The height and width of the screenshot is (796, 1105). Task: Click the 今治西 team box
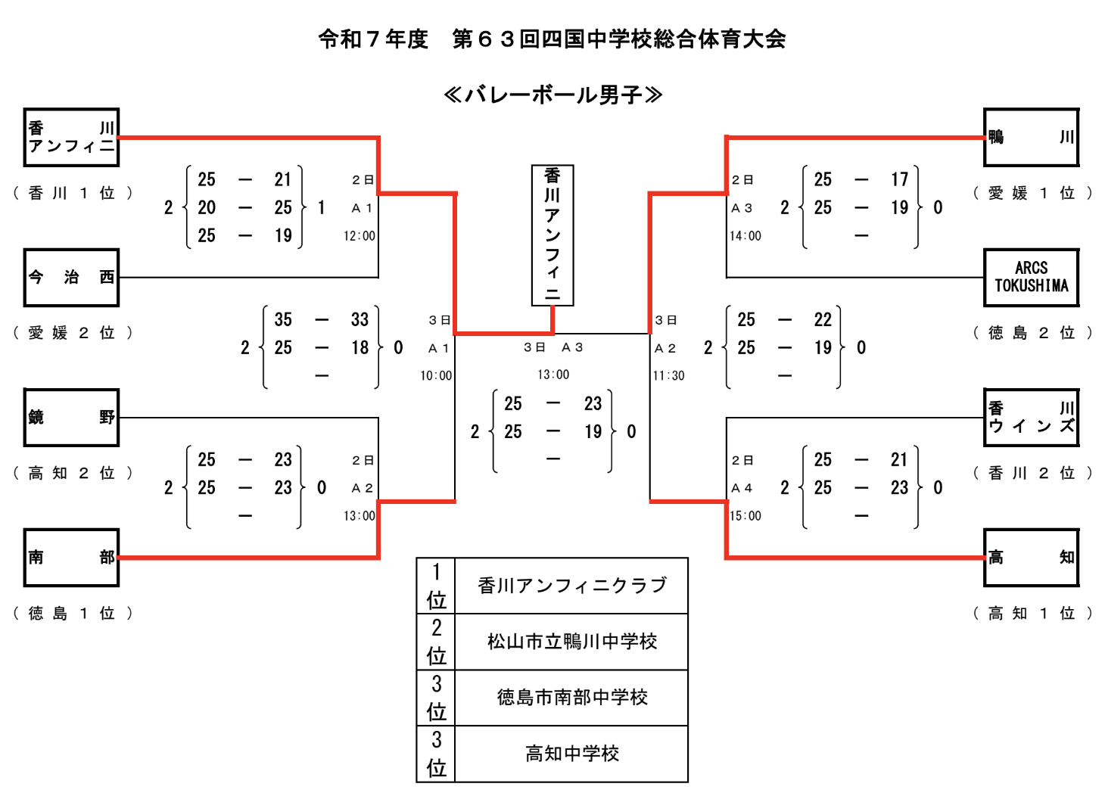click(x=71, y=278)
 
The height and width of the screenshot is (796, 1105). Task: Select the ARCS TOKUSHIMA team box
click(x=1031, y=278)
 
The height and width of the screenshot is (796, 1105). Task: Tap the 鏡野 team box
click(x=71, y=418)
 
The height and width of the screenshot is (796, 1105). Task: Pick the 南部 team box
click(x=71, y=558)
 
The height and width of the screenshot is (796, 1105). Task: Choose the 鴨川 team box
click(x=1031, y=138)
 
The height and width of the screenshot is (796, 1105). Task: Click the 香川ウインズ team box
click(x=1031, y=418)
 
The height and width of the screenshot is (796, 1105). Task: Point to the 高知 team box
click(x=1031, y=558)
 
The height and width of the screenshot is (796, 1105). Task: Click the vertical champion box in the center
click(x=552, y=235)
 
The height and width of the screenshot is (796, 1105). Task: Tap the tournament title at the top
click(x=552, y=39)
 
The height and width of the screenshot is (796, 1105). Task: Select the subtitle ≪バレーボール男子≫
click(x=552, y=95)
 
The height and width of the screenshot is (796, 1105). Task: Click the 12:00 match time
click(x=360, y=236)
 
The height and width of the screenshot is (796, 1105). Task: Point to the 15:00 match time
click(x=745, y=516)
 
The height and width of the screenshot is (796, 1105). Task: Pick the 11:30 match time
click(x=668, y=375)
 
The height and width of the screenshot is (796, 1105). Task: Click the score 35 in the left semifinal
click(x=283, y=319)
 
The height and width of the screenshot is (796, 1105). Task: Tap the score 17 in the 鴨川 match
click(x=899, y=179)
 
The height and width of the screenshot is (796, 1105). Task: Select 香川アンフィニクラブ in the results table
click(x=572, y=586)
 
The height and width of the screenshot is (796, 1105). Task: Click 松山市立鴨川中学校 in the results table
click(x=572, y=642)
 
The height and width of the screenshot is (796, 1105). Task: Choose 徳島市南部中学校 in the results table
click(x=572, y=698)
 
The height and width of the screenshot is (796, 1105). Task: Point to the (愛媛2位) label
click(x=73, y=333)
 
